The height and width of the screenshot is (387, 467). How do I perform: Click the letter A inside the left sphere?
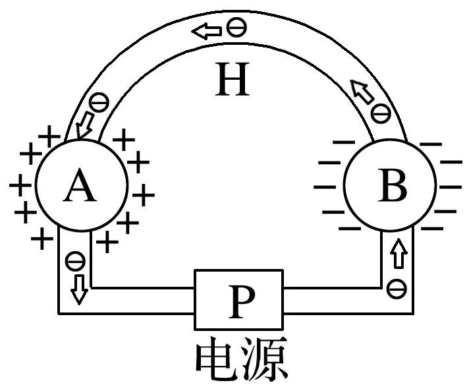[x=80, y=188]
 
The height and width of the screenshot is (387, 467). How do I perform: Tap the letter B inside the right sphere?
[x=393, y=188]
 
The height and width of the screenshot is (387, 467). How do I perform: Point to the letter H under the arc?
[x=233, y=82]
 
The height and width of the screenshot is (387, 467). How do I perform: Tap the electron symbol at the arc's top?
[x=234, y=28]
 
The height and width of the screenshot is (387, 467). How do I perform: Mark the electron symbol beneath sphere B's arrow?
[x=396, y=287]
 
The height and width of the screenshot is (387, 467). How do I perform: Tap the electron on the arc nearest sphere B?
[x=380, y=113]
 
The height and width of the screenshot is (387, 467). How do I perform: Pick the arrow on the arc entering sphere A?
[x=85, y=125]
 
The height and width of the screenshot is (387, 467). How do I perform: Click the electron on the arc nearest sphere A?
[x=99, y=102]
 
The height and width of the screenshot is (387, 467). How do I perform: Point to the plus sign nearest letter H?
[x=124, y=140]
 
